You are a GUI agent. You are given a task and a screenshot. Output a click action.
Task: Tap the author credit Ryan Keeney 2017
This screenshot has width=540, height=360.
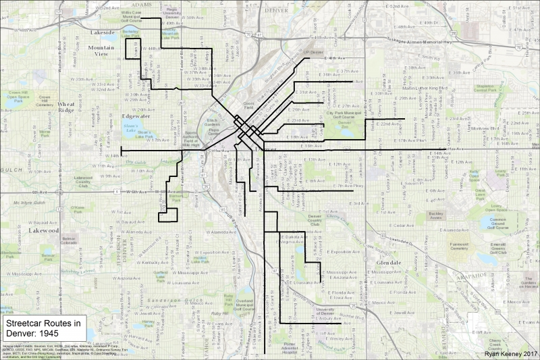coord(511,353)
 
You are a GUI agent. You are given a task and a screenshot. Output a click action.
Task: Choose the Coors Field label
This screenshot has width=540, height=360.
coord(248,106)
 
